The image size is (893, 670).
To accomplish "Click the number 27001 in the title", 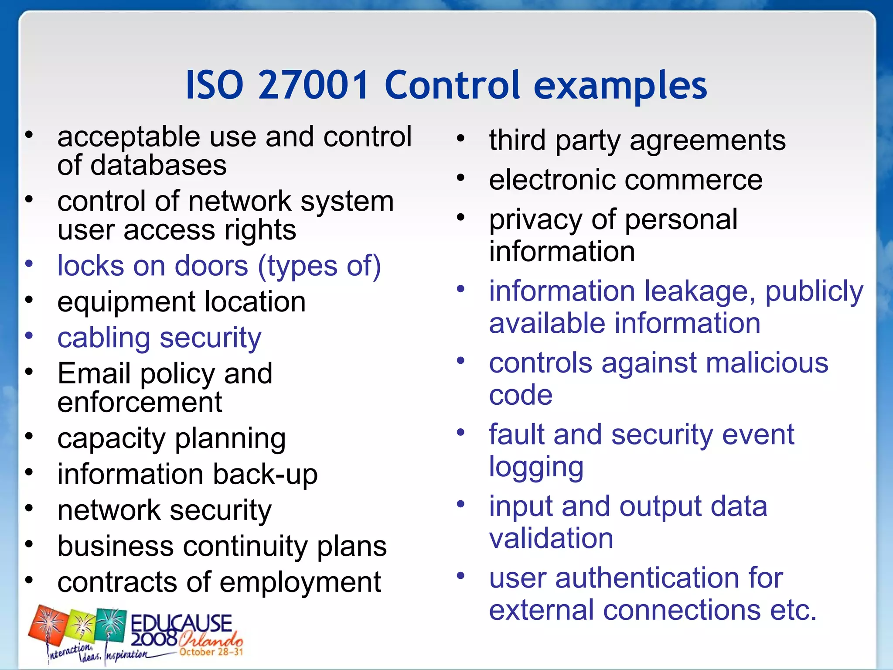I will [x=314, y=85].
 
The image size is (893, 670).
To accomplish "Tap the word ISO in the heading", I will [x=215, y=85].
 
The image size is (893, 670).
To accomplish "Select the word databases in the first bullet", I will [x=159, y=165].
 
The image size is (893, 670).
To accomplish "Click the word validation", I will [x=551, y=538].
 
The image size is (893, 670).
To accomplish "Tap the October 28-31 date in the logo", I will [x=211, y=652].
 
